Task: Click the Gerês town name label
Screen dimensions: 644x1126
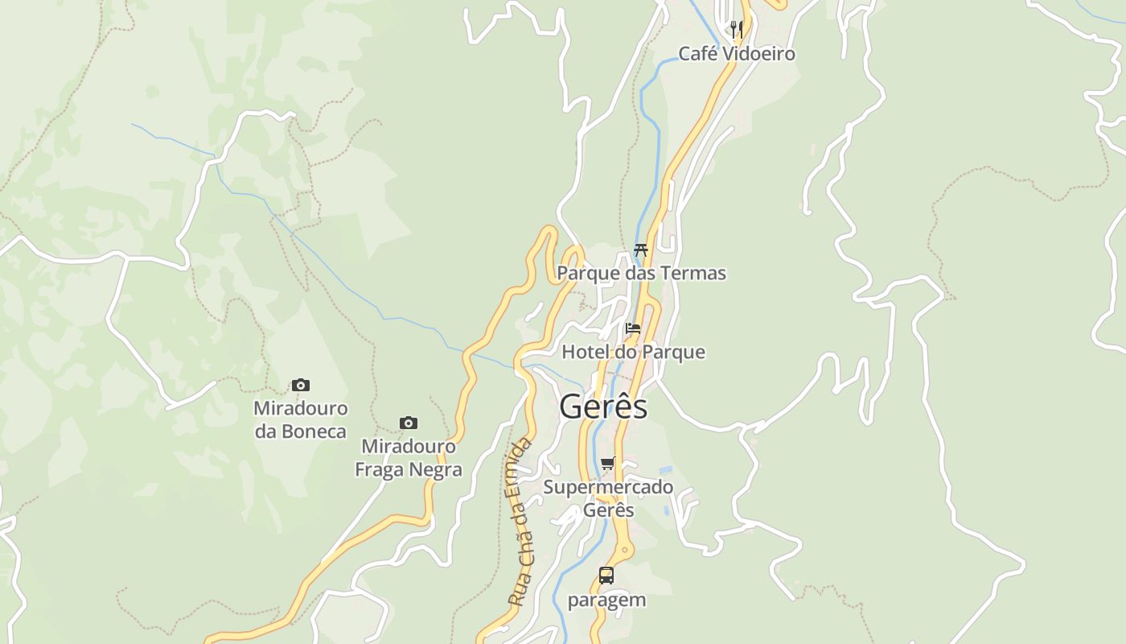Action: pos(603,407)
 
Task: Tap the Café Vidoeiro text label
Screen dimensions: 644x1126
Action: pos(737,54)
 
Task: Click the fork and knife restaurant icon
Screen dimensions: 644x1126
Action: pos(736,30)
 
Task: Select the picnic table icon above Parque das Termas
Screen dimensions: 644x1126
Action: pos(641,250)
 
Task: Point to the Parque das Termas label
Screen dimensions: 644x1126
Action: pos(641,274)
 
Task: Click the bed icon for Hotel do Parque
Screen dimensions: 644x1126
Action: pos(633,328)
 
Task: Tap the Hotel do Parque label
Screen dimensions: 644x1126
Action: pos(633,352)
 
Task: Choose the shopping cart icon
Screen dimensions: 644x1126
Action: pos(608,464)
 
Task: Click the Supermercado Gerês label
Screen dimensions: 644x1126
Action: pos(608,498)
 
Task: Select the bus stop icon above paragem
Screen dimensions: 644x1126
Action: pos(606,576)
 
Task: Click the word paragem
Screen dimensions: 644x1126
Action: pos(606,601)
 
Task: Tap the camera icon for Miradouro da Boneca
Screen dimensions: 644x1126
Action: pos(301,386)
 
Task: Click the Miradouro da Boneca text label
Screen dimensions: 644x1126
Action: pos(301,419)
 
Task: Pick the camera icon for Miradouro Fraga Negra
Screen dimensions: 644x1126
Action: pos(409,423)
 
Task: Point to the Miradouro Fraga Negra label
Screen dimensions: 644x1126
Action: pos(409,458)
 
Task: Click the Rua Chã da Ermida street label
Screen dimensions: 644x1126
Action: pos(520,522)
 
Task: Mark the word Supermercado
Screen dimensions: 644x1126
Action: pos(608,487)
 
